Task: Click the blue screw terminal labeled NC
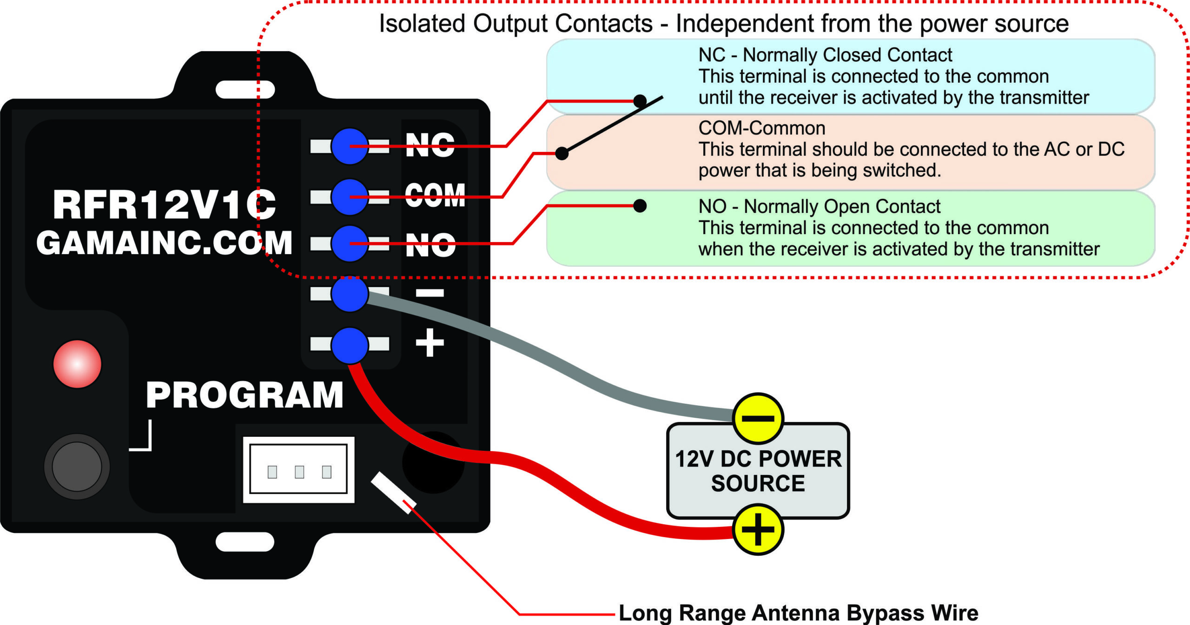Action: click(x=350, y=146)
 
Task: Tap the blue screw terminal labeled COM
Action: click(x=350, y=197)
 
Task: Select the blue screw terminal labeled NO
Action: click(x=350, y=243)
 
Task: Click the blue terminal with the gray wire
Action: click(x=350, y=294)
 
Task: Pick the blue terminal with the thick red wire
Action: click(x=350, y=345)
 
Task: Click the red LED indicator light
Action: click(x=77, y=364)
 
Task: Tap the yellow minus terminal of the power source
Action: click(x=758, y=418)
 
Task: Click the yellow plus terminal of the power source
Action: click(x=758, y=529)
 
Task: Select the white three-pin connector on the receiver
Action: click(x=299, y=469)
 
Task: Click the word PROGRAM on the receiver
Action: click(x=245, y=395)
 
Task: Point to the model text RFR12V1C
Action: click(x=165, y=204)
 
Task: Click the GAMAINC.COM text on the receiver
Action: click(x=165, y=243)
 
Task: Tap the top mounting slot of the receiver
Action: click(x=245, y=90)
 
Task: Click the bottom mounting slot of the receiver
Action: click(x=245, y=542)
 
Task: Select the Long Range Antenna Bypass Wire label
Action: click(x=799, y=613)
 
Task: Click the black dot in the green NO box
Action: click(x=640, y=206)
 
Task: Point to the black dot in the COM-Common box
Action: click(x=562, y=153)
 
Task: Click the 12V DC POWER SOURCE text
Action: click(x=758, y=471)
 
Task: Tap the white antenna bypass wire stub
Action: click(x=393, y=493)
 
